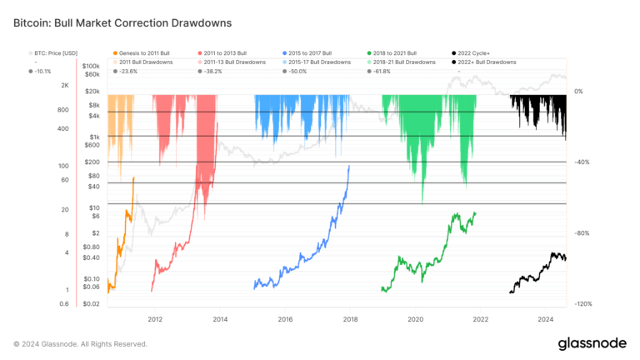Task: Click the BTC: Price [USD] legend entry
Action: pyautogui.click(x=55, y=52)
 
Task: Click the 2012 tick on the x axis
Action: pyautogui.click(x=155, y=319)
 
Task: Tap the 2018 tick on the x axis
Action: pyautogui.click(x=350, y=319)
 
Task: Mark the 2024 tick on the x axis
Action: pyautogui.click(x=546, y=319)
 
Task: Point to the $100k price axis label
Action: pyautogui.click(x=92, y=65)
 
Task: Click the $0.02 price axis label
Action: pyautogui.click(x=92, y=304)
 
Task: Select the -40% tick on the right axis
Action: pyautogui.click(x=582, y=162)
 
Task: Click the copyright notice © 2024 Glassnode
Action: pyautogui.click(x=80, y=343)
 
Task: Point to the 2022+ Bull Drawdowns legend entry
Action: pyautogui.click(x=486, y=62)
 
